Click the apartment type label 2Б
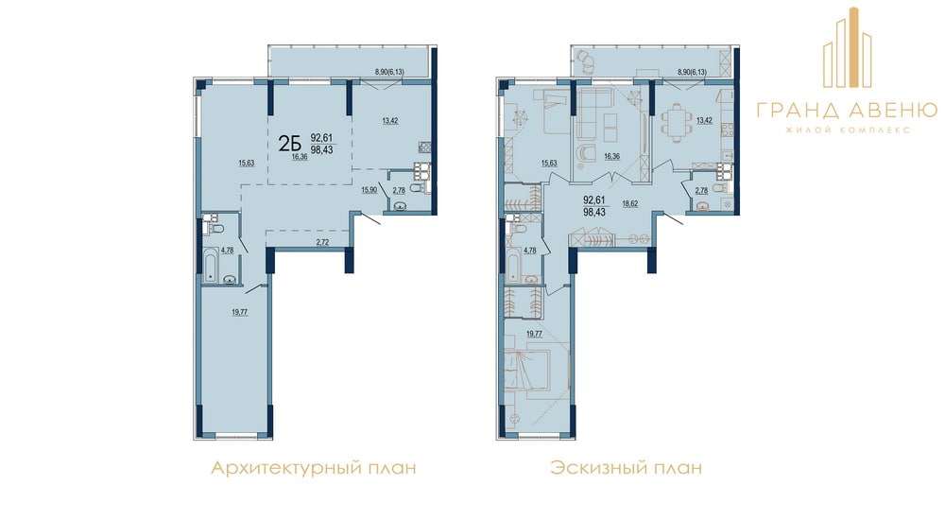(x=289, y=144)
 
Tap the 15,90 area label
(x=369, y=190)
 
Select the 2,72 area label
(x=323, y=242)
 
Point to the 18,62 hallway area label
(x=629, y=204)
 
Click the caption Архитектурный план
(x=313, y=467)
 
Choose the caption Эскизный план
(x=626, y=467)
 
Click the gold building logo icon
(x=848, y=47)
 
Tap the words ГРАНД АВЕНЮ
(x=847, y=110)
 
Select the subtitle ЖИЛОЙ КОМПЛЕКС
(x=847, y=130)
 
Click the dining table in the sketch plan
(x=675, y=121)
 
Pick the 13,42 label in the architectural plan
(x=390, y=121)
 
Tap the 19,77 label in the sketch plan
(x=534, y=333)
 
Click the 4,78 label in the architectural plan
(x=227, y=250)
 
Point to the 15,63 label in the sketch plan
(x=548, y=163)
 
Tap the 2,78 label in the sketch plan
(x=701, y=191)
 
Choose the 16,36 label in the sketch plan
(x=611, y=156)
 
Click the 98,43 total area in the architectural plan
(x=322, y=150)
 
